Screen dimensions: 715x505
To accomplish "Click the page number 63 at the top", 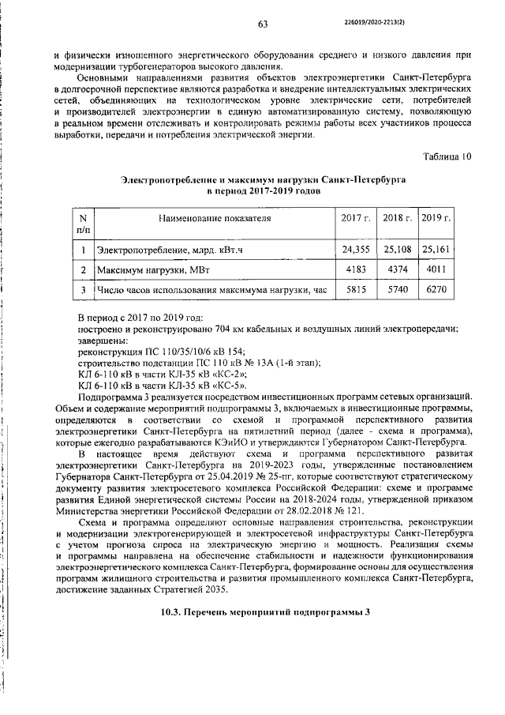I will point(263,24).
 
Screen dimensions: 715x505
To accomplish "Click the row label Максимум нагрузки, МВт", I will point(154,272).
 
